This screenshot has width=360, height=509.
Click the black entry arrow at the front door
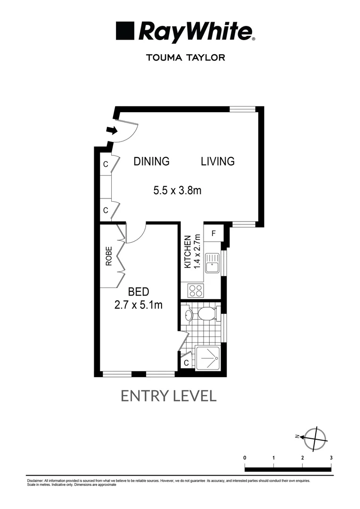(x=111, y=131)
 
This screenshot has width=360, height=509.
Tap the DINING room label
(x=151, y=161)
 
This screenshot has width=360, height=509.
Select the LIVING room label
(x=218, y=161)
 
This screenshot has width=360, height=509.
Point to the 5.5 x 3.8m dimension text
(x=177, y=191)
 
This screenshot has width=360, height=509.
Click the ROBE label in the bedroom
(x=109, y=256)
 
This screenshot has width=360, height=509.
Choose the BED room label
(x=139, y=292)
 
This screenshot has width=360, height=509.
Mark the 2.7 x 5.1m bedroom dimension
(x=139, y=305)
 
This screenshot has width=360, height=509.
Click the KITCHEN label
(x=188, y=252)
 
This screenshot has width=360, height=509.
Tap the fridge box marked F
(x=213, y=233)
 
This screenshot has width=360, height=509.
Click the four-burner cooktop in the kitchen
(x=196, y=290)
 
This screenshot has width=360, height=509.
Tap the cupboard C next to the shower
(x=186, y=362)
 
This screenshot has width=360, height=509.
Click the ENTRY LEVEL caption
(x=169, y=396)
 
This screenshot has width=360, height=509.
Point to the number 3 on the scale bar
(x=331, y=458)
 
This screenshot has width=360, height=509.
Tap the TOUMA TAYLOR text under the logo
(x=186, y=57)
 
